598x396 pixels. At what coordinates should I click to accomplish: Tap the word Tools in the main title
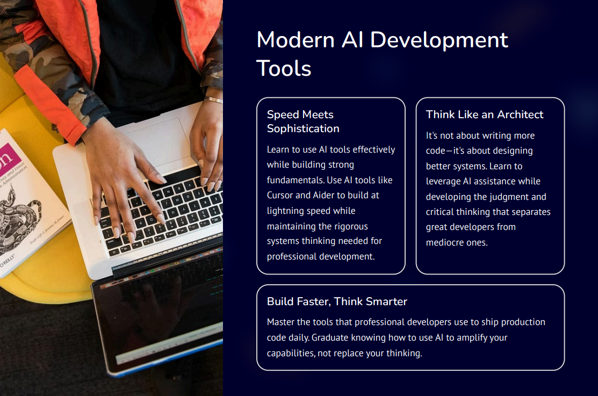click(x=284, y=69)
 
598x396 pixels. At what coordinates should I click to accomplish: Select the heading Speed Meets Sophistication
click(x=303, y=121)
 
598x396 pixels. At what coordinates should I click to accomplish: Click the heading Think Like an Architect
click(x=485, y=114)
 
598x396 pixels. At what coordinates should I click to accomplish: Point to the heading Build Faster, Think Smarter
click(x=337, y=301)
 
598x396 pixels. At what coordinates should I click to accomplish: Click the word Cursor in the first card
click(x=281, y=195)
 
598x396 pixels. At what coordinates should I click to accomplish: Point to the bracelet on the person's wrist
click(x=213, y=99)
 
